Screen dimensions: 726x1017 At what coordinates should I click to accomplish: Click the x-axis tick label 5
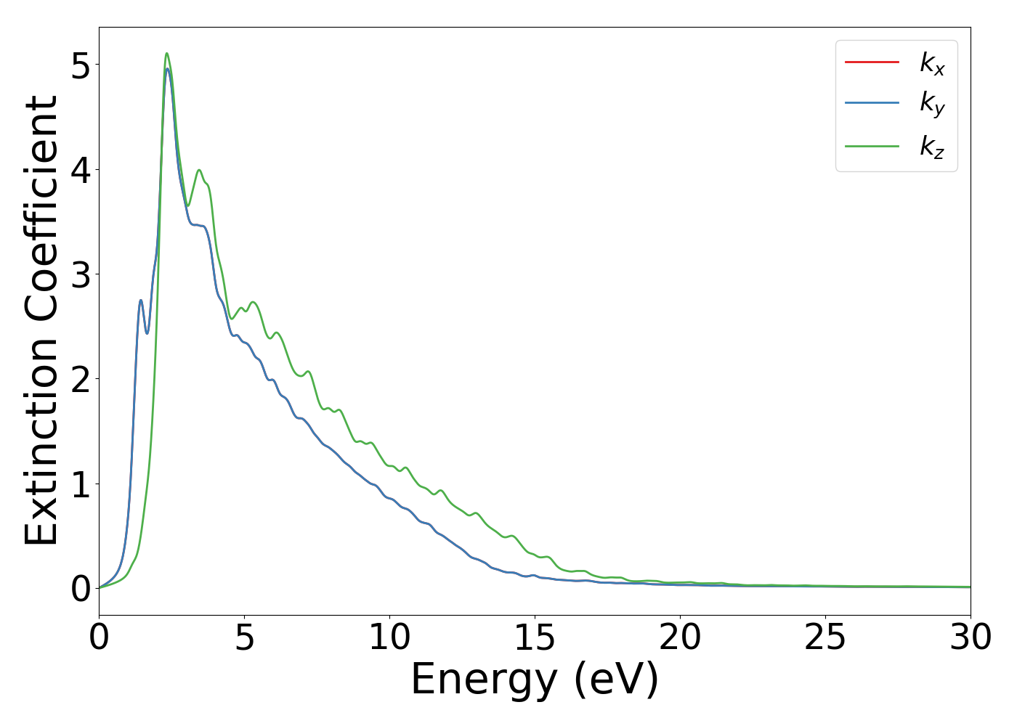tap(245, 638)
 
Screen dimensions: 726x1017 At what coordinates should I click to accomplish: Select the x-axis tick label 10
tap(390, 638)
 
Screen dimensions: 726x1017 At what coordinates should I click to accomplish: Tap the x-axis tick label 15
tap(535, 638)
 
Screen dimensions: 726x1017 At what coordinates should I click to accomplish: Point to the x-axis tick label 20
tap(681, 638)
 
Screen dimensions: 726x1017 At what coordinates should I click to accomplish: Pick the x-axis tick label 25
tap(826, 638)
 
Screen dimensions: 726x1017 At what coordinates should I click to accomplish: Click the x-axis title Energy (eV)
tap(535, 680)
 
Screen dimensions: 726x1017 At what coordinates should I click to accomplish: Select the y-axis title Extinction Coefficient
tap(41, 320)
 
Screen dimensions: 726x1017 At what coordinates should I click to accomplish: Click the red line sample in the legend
tap(872, 62)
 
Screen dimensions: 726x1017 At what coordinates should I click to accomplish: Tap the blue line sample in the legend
tap(872, 104)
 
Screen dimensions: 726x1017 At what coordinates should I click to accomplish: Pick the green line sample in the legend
tap(872, 146)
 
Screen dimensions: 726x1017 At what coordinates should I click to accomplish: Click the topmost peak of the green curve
tap(167, 54)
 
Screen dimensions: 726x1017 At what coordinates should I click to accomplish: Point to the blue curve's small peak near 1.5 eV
tap(141, 301)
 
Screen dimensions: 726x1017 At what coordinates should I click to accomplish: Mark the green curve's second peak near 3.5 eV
tap(199, 171)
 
